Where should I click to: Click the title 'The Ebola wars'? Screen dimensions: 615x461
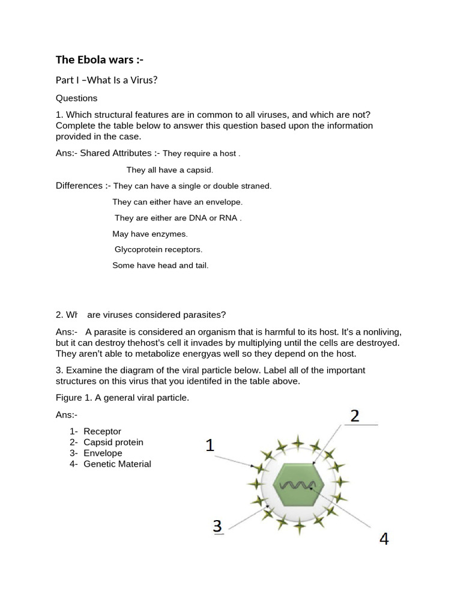100,59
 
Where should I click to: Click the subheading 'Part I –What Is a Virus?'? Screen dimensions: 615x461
106,80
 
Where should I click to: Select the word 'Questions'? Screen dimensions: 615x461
76,98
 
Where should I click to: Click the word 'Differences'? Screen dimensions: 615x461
79,186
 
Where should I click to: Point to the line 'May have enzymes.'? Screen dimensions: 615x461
150,234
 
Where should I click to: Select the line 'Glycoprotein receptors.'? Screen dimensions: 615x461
158,249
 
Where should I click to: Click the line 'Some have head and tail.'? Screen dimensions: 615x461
160,265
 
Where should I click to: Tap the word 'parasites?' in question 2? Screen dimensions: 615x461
206,315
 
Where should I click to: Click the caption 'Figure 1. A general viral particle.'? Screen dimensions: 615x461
122,398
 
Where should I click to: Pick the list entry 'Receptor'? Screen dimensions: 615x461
102,431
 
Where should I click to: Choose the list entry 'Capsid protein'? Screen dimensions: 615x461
113,442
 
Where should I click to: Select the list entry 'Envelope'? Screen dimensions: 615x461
103,453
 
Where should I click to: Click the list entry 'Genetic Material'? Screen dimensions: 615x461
117,464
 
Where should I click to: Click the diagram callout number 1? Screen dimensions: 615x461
209,446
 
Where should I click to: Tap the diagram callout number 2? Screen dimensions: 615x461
355,416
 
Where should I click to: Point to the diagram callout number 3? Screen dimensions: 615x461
218,527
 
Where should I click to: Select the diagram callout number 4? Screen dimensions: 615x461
384,539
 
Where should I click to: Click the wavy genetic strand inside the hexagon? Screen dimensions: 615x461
298,485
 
